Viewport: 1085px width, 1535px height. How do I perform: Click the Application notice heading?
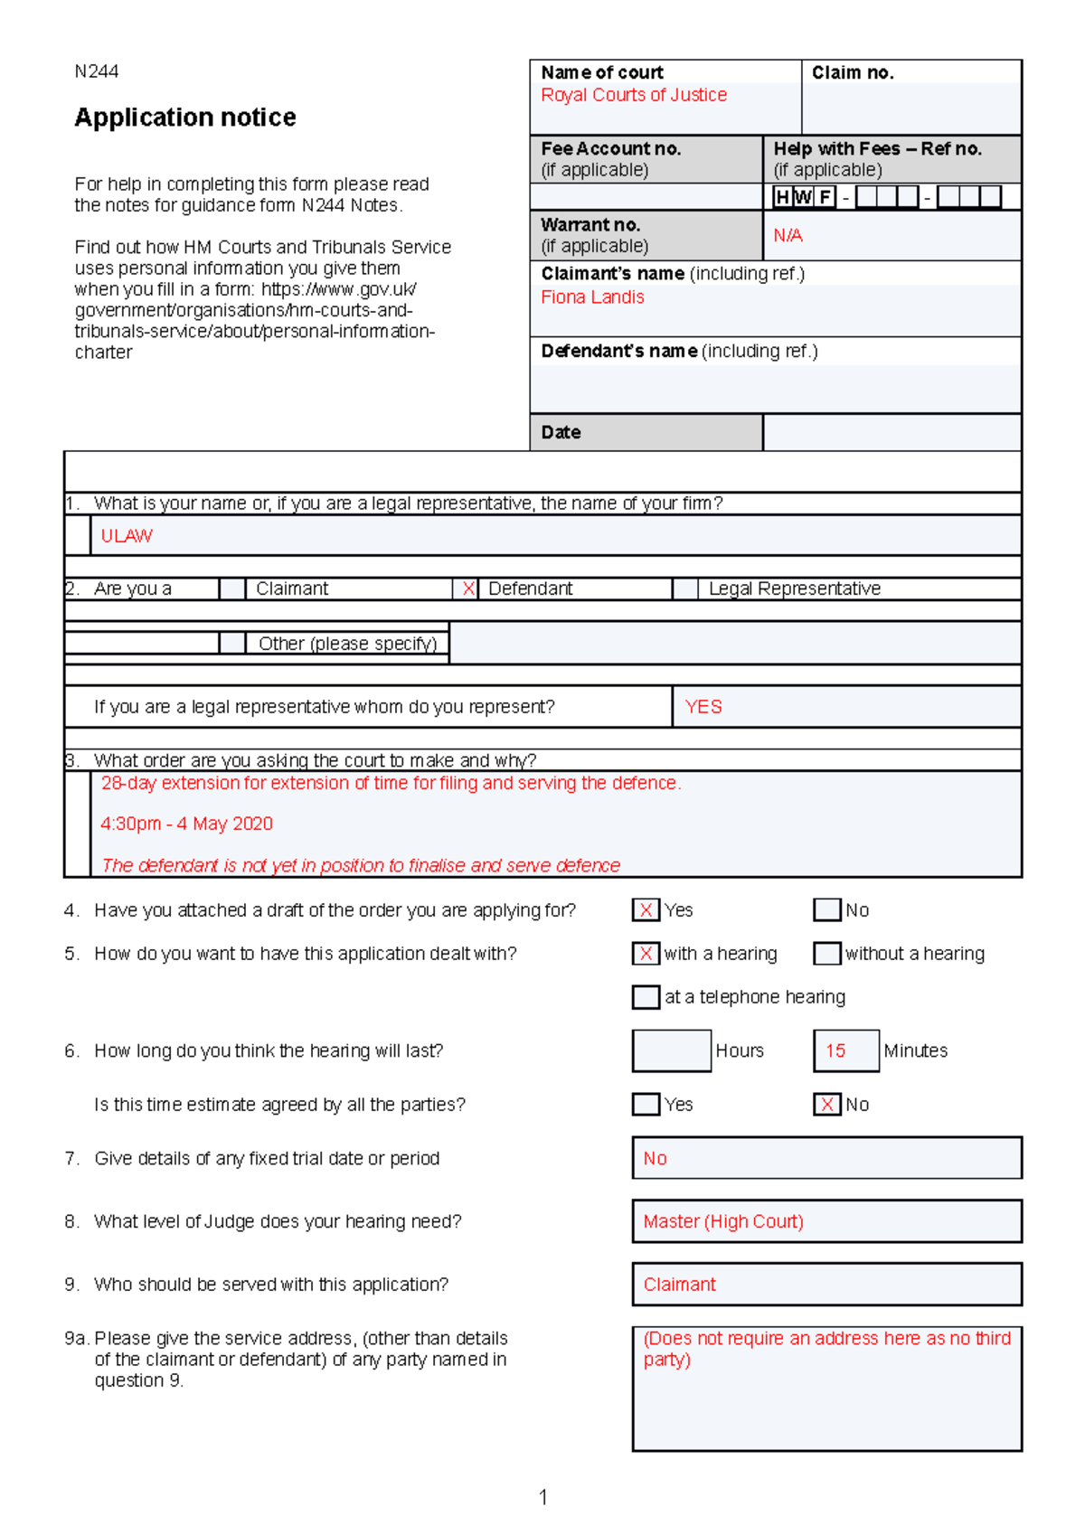(x=185, y=118)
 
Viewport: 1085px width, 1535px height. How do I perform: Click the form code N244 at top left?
(x=96, y=71)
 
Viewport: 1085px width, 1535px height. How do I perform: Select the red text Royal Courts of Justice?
(x=634, y=95)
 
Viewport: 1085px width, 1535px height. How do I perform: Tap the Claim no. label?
(x=852, y=72)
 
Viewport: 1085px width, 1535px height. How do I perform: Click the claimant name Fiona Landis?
(x=592, y=297)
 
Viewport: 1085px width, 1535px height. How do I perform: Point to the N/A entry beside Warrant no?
(x=788, y=236)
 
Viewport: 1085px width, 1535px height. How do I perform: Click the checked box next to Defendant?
(x=467, y=589)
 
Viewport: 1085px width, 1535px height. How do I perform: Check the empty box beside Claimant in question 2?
(x=232, y=589)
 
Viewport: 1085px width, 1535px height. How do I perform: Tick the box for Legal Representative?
(x=685, y=589)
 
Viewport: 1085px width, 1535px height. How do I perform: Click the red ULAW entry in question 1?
(x=127, y=536)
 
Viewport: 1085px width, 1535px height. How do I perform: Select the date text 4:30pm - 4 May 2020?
(x=186, y=824)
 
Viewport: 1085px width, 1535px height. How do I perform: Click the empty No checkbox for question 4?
(x=826, y=909)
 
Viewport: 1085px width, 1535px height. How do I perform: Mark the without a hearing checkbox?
(x=826, y=953)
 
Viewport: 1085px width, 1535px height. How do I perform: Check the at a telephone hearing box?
(x=646, y=997)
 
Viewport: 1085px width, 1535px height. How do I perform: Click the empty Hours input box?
(x=671, y=1050)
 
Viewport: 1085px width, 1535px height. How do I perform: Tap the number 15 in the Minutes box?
(x=835, y=1050)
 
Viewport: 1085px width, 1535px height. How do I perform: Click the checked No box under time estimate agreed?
(x=826, y=1104)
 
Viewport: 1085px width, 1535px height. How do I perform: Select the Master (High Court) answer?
(x=723, y=1221)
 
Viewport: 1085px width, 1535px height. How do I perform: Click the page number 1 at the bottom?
(x=542, y=1497)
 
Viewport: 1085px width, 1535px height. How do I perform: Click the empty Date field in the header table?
(x=892, y=432)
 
